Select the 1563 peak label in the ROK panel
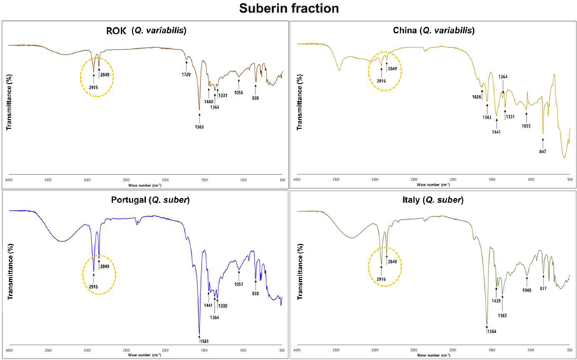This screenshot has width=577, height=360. pos(200,126)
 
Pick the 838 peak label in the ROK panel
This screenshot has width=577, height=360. pos(255,98)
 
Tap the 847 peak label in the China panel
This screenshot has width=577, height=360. pos(542,151)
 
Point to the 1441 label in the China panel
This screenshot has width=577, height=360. pos(497,132)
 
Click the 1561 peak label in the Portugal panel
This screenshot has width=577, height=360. pos(200,341)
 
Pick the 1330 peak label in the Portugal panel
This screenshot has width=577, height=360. pos(222,306)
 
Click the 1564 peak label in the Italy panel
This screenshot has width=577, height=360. pos(487,331)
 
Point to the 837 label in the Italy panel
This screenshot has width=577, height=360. pos(543,288)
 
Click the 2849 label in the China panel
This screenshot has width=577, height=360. pos(392,69)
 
